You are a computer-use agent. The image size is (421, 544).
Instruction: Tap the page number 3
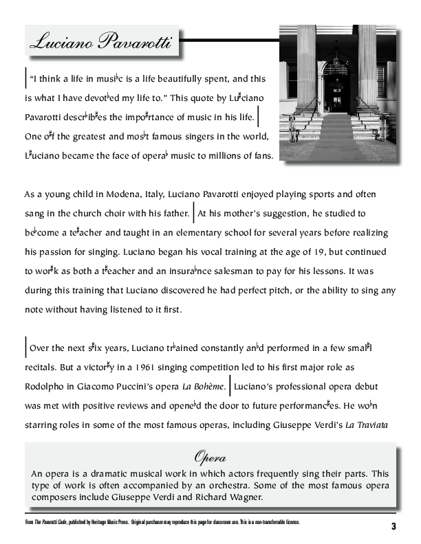(x=393, y=527)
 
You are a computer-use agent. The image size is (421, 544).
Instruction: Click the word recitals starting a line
(x=42, y=368)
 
